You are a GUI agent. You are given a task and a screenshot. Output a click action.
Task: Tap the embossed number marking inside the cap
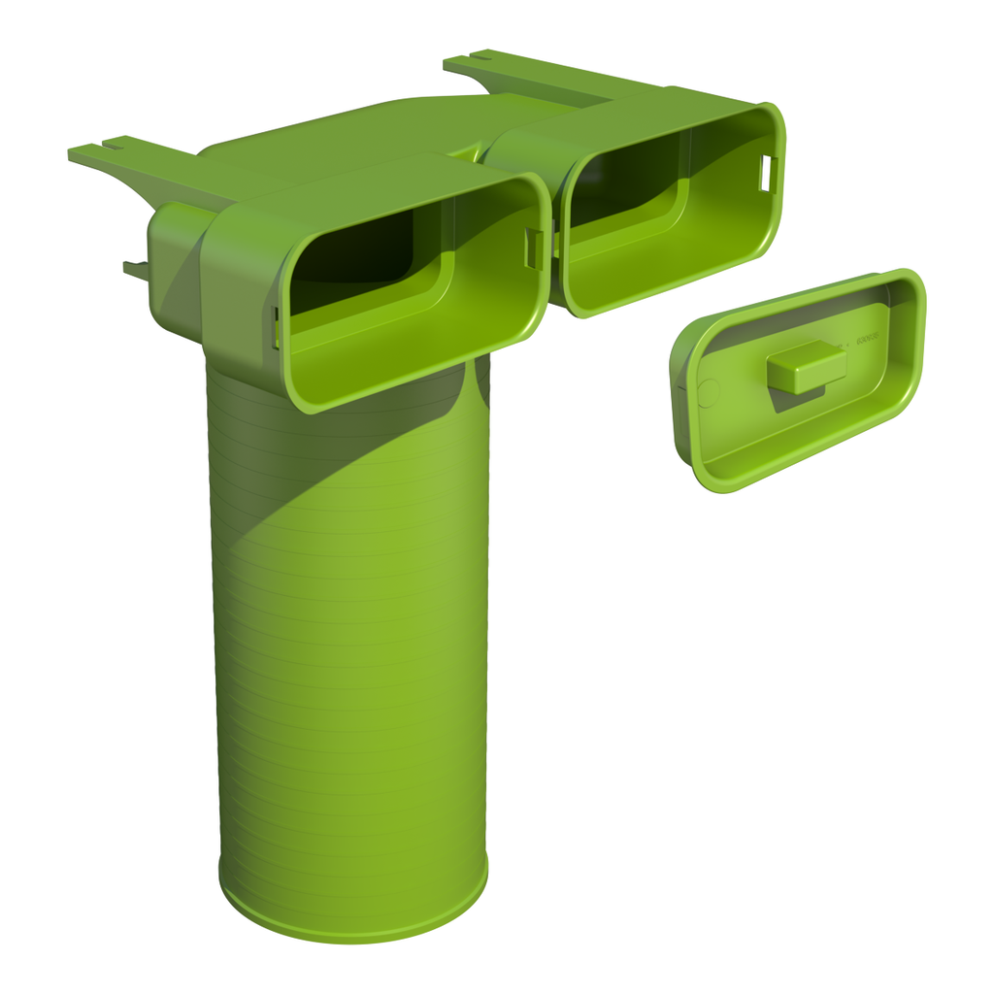866,340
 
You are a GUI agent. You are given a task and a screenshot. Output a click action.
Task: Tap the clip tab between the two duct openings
534,248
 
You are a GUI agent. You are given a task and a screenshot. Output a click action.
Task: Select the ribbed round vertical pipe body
349,631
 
